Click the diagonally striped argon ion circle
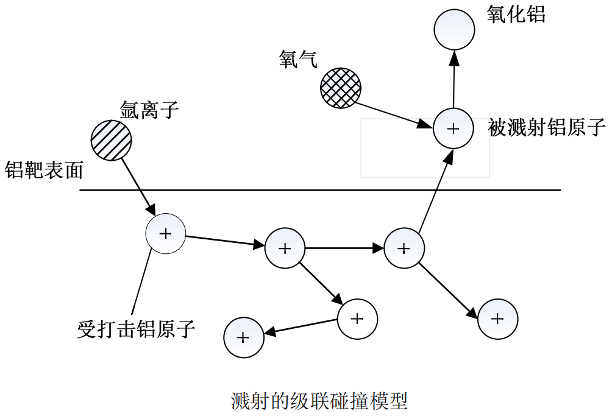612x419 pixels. pos(111,140)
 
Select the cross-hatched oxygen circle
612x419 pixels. pos(341,88)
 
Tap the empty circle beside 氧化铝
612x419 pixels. pos(454,29)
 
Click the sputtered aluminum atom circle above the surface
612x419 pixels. pos(453,129)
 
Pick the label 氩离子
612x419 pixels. pos(149,110)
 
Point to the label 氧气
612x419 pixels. pos(298,59)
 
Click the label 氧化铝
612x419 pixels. pos(516,15)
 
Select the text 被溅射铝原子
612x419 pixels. pos(547,128)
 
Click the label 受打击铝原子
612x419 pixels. pos(137,329)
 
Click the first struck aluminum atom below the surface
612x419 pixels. pos(165,233)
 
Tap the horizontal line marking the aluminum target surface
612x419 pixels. pos(320,190)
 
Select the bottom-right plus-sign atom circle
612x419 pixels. pos(497,319)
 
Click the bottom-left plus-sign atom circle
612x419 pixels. pos(243,337)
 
